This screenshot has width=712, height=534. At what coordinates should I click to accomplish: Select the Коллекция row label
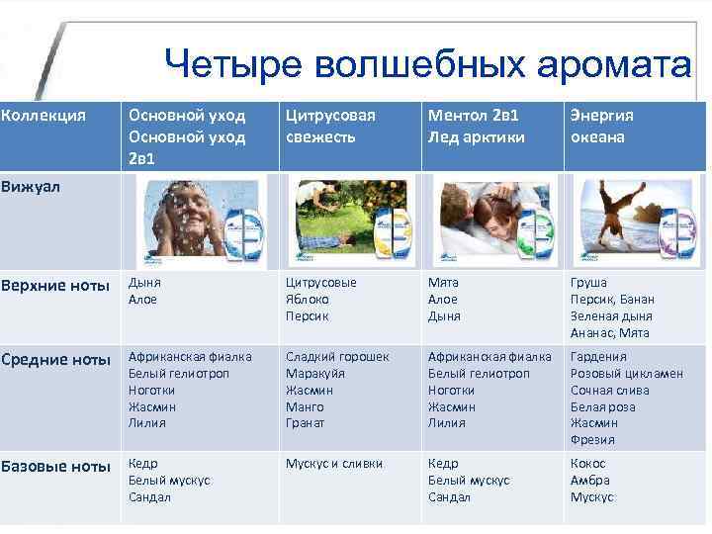pos(44,116)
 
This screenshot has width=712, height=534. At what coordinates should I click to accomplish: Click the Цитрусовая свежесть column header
pos(330,126)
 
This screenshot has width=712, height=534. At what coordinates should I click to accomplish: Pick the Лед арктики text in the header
pos(477,136)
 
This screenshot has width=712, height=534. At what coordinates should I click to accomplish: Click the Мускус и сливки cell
pos(333,463)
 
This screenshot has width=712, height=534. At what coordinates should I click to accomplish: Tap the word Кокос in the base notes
pos(587,463)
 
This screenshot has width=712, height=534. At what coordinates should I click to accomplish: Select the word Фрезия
pos(592,440)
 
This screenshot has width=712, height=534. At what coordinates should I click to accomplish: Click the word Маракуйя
pos(313,374)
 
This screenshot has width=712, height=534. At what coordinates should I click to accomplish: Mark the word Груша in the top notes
pos(588,282)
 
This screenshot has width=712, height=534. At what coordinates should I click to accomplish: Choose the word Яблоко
pos(308,299)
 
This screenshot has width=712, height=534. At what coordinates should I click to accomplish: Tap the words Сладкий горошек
pos(337,357)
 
